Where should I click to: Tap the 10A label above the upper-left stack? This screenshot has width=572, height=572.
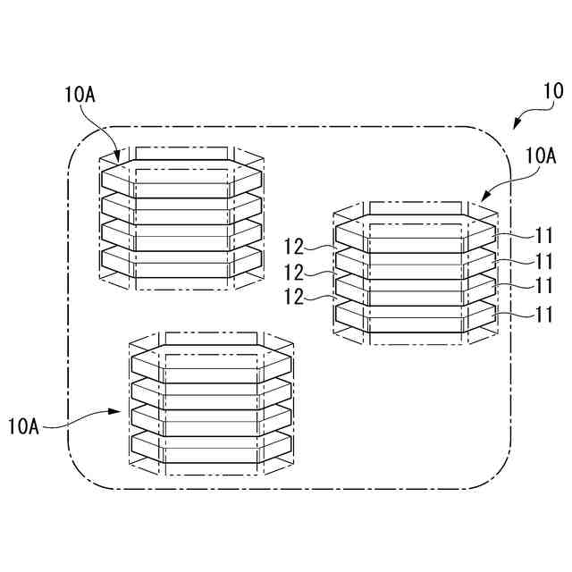coord(80,94)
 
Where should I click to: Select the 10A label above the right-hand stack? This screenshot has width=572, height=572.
coord(542,156)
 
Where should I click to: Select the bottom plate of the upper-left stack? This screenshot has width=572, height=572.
coord(182,258)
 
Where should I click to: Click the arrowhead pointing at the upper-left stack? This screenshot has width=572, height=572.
coord(117,158)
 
